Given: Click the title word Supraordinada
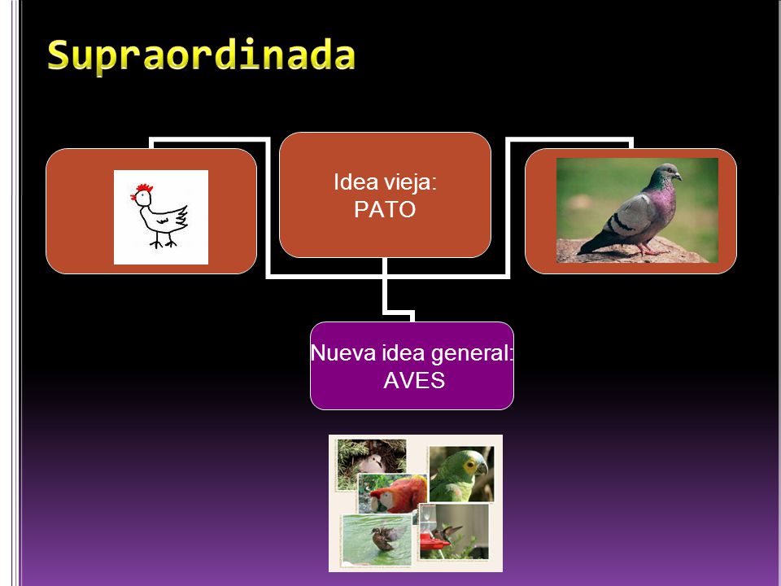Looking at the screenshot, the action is pyautogui.click(x=201, y=56).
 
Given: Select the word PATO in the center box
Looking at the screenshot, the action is pyautogui.click(x=385, y=209).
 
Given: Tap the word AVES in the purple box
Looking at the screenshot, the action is pyautogui.click(x=414, y=381).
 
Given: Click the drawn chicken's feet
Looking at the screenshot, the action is pyautogui.click(x=164, y=243).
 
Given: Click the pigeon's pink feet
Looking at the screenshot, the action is pyautogui.click(x=650, y=250).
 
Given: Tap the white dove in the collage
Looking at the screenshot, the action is pyautogui.click(x=372, y=463).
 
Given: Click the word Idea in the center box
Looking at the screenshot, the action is pyautogui.click(x=350, y=182).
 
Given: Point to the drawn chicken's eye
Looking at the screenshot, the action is pyautogui.click(x=143, y=195).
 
